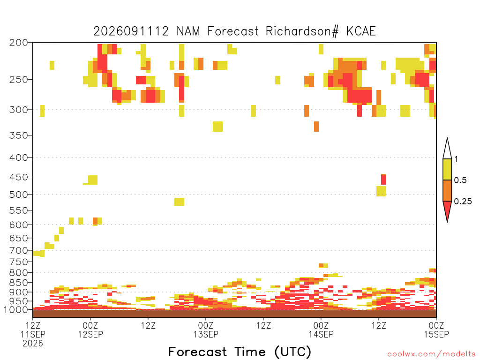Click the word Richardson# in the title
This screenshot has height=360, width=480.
coord(302,31)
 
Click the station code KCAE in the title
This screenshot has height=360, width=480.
coord(361,31)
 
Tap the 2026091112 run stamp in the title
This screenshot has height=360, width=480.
coord(131,31)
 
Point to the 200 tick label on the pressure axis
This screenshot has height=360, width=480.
coord(18,43)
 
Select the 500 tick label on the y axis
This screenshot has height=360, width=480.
coord(18,195)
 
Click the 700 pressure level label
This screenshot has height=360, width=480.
coord(18,250)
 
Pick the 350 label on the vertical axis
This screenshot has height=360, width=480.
coord(18,135)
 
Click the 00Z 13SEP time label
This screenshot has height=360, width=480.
coord(206,330)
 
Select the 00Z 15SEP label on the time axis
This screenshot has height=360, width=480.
coord(436,330)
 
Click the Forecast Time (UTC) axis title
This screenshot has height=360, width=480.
coord(240,352)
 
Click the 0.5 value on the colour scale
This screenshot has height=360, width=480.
coord(460,180)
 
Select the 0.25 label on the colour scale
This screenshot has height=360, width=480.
coord(463,202)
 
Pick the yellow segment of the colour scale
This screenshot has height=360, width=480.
coord(447,169)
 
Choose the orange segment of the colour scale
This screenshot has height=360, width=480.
coord(447,190)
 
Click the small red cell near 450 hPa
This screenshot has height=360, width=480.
coord(383,180)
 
